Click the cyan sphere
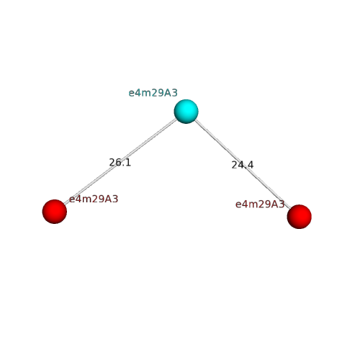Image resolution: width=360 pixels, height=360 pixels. click(186, 112)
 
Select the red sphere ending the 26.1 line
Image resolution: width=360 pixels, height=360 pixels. click(55, 212)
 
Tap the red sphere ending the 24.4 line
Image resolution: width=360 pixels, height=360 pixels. click(300, 217)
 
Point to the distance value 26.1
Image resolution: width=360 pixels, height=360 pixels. click(120, 163)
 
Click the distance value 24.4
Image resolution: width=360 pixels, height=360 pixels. click(243, 165)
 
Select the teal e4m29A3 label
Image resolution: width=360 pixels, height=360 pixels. click(153, 93)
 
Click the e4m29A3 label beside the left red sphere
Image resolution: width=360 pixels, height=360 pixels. click(94, 199)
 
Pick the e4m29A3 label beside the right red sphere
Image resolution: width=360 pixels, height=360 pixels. click(260, 204)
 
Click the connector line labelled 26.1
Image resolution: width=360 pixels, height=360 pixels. click(120, 161)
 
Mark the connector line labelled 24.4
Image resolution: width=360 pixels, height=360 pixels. click(243, 164)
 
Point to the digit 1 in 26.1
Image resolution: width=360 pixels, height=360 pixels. click(128, 163)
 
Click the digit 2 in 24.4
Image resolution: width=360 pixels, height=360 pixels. click(235, 165)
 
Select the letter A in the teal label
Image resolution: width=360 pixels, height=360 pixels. click(168, 93)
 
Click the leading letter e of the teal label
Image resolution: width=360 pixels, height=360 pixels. click(132, 94)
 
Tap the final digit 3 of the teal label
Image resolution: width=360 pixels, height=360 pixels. click(175, 93)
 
